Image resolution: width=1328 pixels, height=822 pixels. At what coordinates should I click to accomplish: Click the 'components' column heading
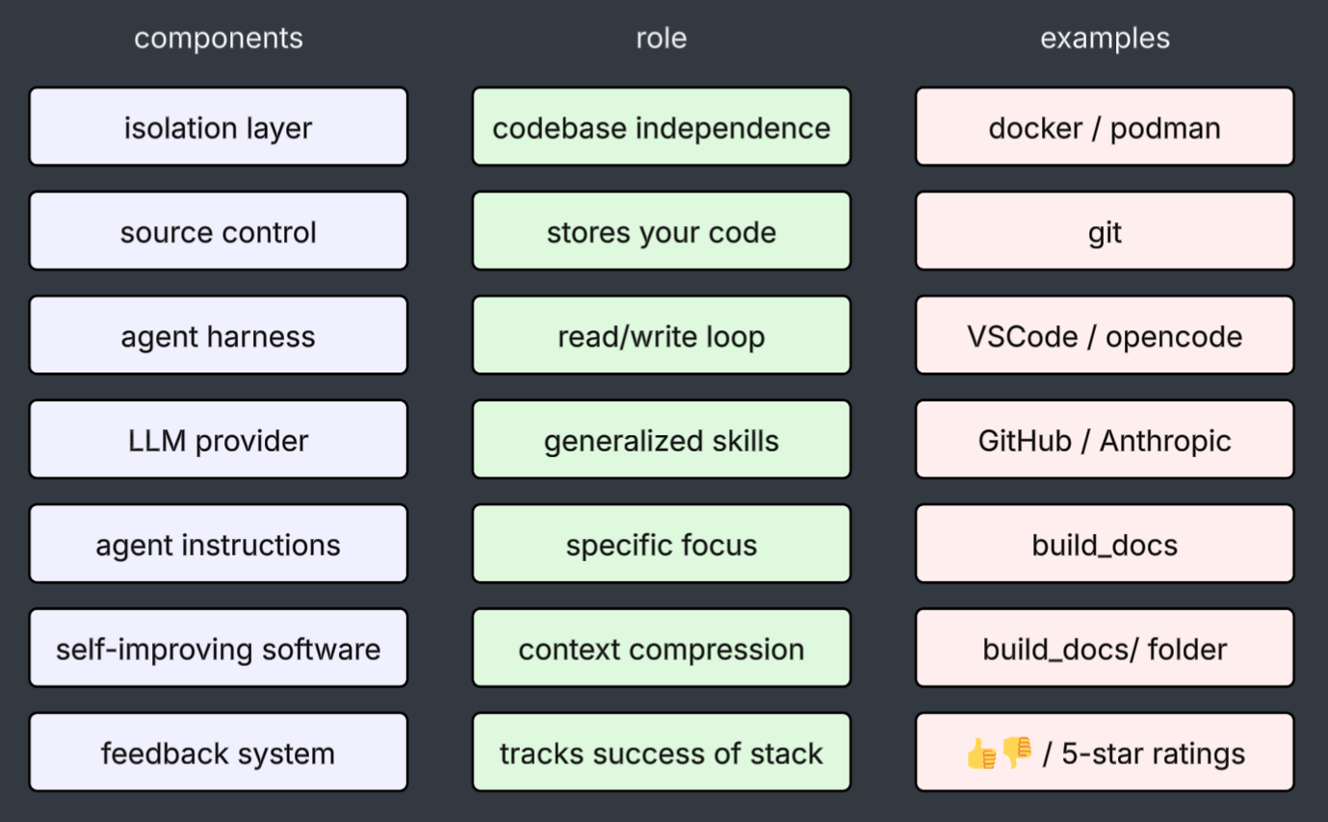click(219, 39)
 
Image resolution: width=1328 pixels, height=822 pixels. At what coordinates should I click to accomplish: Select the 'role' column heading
click(662, 39)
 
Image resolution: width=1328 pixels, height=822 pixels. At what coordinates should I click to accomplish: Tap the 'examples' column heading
click(1105, 39)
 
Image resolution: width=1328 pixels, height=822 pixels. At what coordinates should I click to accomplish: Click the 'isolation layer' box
click(219, 127)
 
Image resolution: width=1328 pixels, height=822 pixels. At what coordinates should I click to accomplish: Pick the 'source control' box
click(219, 232)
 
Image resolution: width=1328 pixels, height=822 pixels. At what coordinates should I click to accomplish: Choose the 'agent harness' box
click(219, 336)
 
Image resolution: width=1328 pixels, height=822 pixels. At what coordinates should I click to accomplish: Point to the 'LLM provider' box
click(219, 441)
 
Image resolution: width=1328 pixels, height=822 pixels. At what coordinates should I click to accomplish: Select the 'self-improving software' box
click(219, 649)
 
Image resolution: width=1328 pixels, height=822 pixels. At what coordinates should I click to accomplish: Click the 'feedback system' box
click(219, 753)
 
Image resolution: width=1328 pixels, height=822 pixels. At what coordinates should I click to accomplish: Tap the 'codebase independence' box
click(662, 127)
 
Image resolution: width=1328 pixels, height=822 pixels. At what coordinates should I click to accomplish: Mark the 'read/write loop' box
click(662, 336)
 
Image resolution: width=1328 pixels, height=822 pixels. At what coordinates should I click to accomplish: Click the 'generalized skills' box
click(662, 441)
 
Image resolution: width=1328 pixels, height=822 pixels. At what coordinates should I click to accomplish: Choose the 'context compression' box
click(662, 649)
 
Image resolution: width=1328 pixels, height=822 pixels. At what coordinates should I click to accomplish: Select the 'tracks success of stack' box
click(662, 753)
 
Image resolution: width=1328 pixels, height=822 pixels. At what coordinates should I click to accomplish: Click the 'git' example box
click(1105, 232)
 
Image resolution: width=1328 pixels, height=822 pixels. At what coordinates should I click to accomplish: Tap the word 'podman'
click(1165, 128)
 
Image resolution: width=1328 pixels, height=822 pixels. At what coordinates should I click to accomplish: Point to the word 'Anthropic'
click(1165, 441)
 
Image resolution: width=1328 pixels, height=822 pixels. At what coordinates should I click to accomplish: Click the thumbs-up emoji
click(981, 754)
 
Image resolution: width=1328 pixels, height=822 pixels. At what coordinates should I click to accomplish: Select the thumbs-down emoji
click(1017, 753)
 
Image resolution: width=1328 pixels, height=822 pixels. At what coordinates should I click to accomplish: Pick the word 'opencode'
click(1174, 337)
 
